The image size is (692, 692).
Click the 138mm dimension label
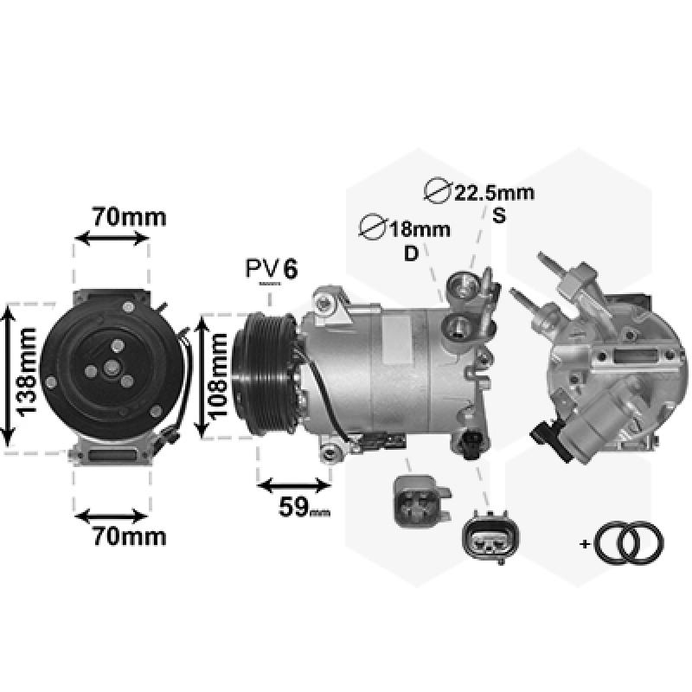click(x=26, y=372)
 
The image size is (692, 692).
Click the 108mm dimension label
click(x=218, y=376)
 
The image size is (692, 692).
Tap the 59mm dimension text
click(x=304, y=507)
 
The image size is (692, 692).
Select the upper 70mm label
click(x=129, y=217)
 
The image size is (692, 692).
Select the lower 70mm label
click(x=129, y=536)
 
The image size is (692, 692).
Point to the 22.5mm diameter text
click(x=494, y=193)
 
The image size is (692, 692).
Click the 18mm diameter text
click(x=419, y=229)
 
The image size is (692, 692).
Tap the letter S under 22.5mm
click(x=499, y=215)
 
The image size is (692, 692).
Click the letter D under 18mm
click(x=411, y=253)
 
